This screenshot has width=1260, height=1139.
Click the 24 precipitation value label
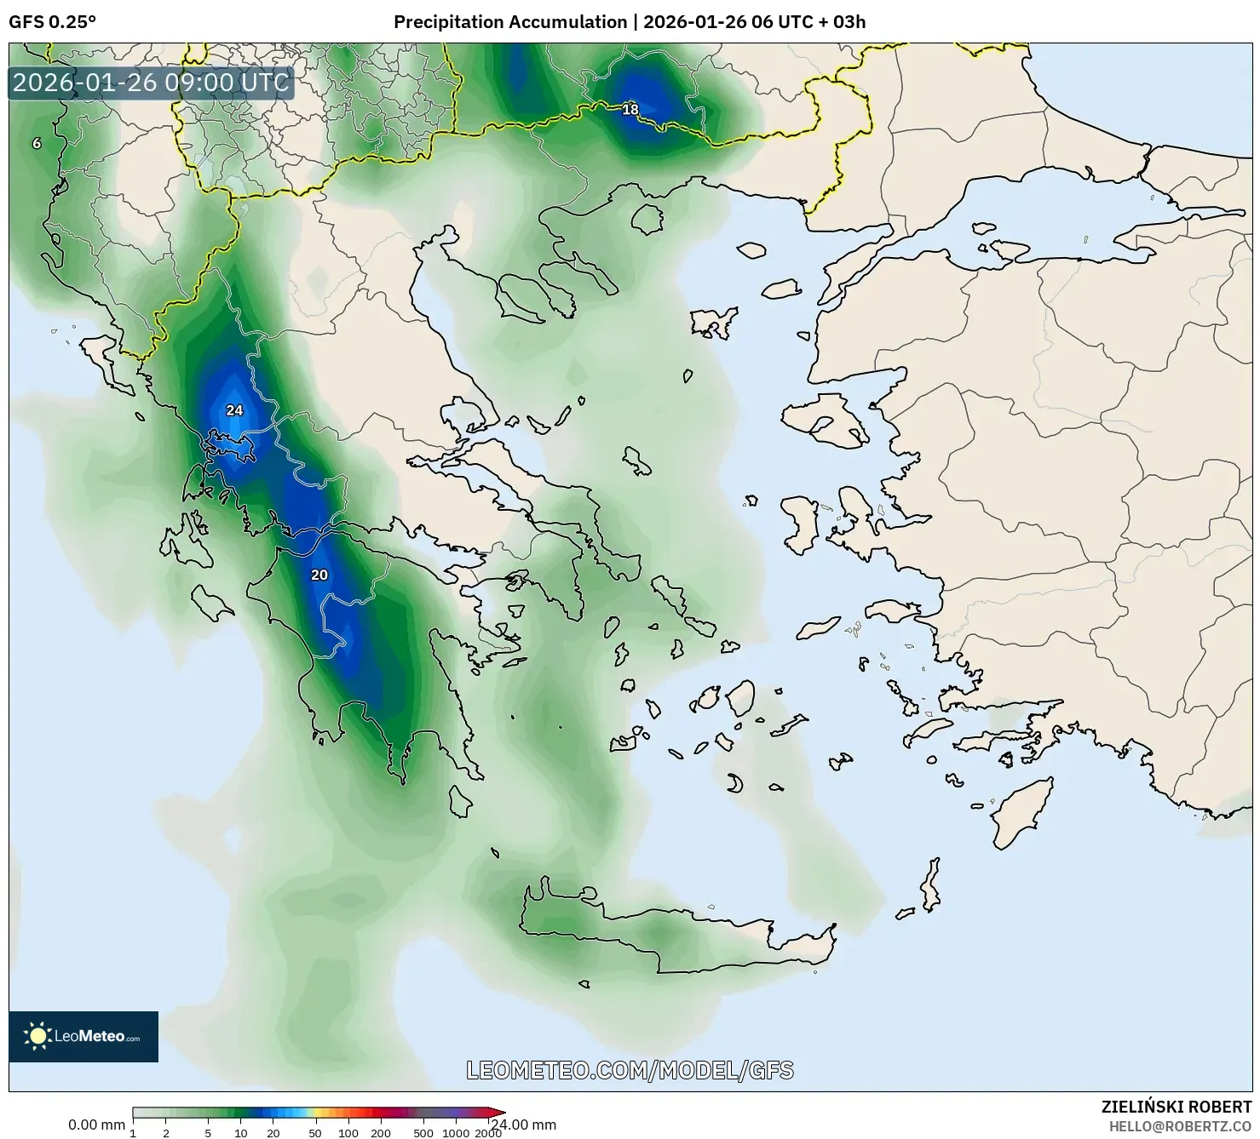[234, 410]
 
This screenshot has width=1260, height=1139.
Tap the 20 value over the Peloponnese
[319, 575]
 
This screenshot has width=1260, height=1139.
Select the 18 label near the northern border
[630, 110]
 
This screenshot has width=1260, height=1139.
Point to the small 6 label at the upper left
[37, 144]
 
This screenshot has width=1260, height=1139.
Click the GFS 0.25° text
[52, 22]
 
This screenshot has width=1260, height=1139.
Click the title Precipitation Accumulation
[509, 22]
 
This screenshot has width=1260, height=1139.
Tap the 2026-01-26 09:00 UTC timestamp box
[151, 83]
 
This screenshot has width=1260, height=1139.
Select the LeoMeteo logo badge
[83, 1036]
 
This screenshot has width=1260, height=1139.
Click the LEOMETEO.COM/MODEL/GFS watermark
[630, 1070]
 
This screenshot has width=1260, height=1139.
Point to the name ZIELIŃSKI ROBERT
[1177, 1107]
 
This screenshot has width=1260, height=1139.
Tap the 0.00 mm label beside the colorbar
[96, 1125]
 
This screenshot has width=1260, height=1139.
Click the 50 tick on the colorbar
[315, 1132]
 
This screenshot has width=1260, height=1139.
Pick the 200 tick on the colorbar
[381, 1132]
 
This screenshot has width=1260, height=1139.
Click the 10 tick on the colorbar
[241, 1132]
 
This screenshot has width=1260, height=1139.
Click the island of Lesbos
[825, 421]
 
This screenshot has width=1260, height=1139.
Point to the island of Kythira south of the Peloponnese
[461, 801]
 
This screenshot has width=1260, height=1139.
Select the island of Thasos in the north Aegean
[647, 220]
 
